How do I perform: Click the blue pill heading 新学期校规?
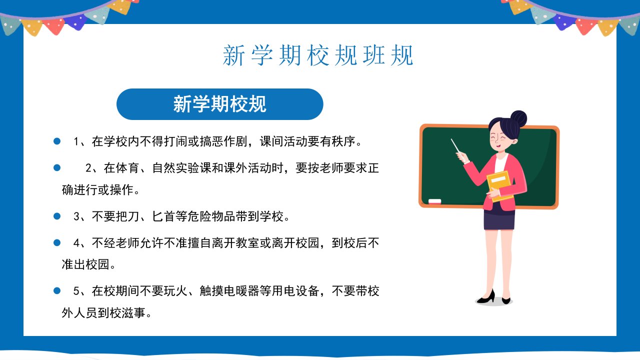[219, 104]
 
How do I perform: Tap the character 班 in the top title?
[374, 55]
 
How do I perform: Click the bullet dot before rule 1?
[57, 141]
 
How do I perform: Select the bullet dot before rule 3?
[57, 216]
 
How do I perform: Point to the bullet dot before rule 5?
[57, 291]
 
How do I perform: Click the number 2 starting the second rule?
[88, 168]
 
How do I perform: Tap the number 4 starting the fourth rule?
[76, 243]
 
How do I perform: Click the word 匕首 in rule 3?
[163, 216]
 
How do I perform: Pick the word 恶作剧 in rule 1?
[229, 141]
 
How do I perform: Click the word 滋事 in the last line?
[133, 313]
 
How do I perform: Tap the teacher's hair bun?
[518, 119]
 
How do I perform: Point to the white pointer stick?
[456, 147]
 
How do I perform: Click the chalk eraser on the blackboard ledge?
[434, 201]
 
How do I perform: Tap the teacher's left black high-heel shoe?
[486, 297]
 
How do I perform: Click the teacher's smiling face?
[500, 137]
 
